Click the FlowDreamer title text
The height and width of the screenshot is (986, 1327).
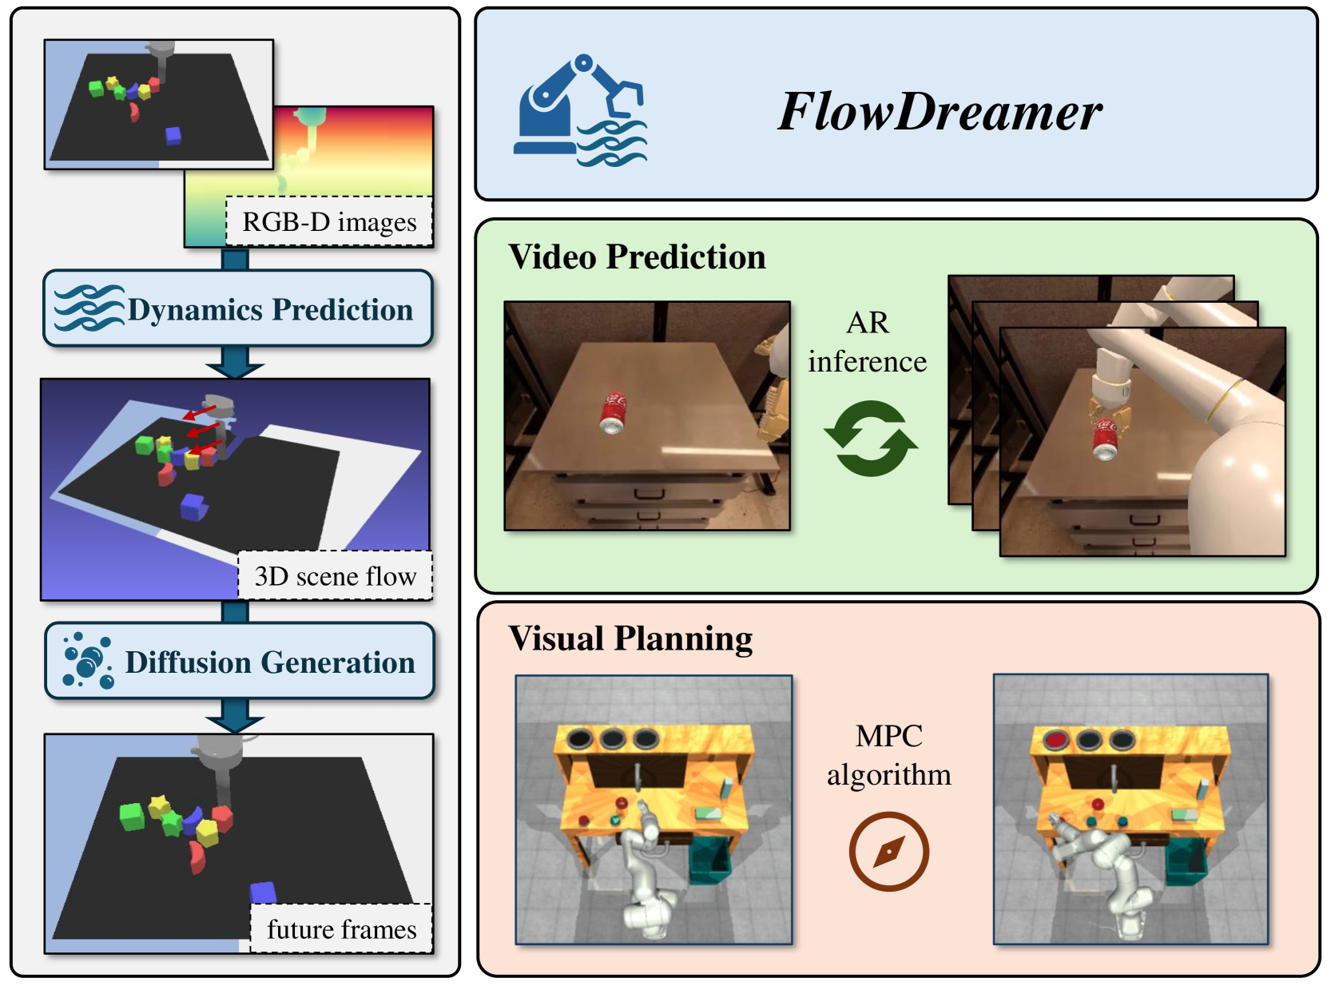coord(940,111)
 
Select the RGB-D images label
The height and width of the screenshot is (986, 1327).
coord(329,221)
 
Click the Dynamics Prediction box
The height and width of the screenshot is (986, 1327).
coord(238,308)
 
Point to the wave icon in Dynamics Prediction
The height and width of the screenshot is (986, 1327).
coord(88,308)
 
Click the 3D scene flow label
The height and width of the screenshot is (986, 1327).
coord(335,575)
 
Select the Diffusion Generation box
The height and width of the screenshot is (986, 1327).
coord(240,662)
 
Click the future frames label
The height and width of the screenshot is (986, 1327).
coord(341,928)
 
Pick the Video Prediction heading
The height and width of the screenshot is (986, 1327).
coord(637,257)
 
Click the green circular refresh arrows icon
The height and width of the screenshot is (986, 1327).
coord(870,439)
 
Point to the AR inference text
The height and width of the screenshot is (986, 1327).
coord(868,342)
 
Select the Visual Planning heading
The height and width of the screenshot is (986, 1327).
coord(630,638)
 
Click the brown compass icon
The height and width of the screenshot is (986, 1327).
coord(888,851)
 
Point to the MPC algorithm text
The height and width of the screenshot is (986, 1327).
coord(888,754)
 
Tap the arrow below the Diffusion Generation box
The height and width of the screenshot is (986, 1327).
coord(235,716)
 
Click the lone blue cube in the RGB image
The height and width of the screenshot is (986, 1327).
coord(173,136)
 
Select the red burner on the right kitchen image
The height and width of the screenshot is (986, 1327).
coord(1055,740)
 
